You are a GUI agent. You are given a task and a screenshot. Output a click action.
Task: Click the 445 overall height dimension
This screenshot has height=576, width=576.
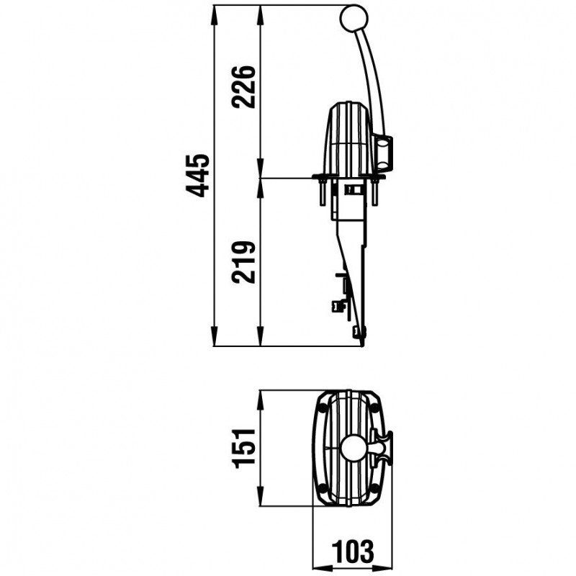197,176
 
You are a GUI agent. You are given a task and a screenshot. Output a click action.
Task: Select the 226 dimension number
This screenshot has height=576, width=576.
243,87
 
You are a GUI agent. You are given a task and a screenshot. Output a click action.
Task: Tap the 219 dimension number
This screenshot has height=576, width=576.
243,262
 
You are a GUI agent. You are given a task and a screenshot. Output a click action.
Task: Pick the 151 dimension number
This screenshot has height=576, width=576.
244,448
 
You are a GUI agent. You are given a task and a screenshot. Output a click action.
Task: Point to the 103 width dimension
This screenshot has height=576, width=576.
353,551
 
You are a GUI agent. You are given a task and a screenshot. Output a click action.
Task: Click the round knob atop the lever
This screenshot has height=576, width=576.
354,18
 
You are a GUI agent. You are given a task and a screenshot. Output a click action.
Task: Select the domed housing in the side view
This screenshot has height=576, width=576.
348,139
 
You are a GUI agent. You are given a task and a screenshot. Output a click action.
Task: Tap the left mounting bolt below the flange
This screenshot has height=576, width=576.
323,192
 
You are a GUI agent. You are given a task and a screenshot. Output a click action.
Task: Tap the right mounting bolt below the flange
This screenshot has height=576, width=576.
374,192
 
